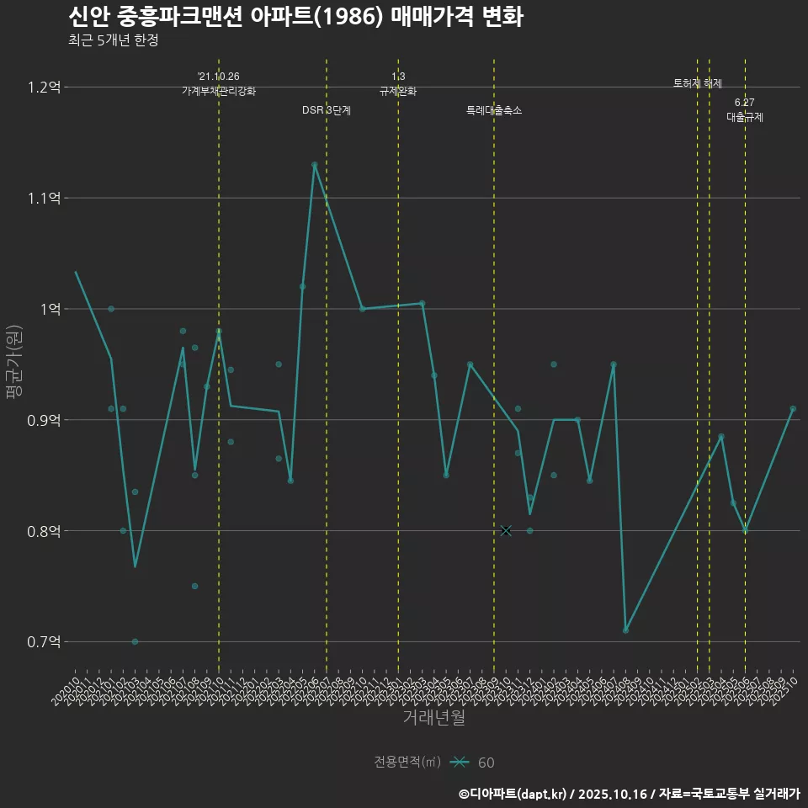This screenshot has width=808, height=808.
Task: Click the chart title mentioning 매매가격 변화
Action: click(295, 17)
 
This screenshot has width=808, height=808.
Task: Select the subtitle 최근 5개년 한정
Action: click(113, 40)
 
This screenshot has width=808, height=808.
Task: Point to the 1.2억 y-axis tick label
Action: click(45, 87)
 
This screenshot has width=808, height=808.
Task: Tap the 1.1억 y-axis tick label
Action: click(45, 198)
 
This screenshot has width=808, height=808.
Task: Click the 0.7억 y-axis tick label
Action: click(45, 641)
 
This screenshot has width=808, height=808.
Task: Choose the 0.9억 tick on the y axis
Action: click(45, 420)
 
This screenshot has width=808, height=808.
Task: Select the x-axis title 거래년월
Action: click(433, 717)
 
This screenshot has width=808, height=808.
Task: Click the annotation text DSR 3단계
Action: click(327, 110)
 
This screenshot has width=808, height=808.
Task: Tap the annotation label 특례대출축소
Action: click(494, 110)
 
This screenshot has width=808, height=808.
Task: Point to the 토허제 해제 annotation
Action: click(698, 83)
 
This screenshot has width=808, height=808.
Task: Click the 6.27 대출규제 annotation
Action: click(745, 110)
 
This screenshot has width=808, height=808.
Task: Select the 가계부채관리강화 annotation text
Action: click(219, 90)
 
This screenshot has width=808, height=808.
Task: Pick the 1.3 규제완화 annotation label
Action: click(398, 84)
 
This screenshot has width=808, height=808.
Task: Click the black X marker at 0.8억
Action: click(506, 530)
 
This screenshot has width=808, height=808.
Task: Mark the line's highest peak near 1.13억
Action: click(315, 165)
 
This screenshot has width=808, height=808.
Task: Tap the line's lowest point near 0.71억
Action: click(625, 630)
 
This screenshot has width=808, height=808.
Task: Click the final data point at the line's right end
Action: click(793, 408)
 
